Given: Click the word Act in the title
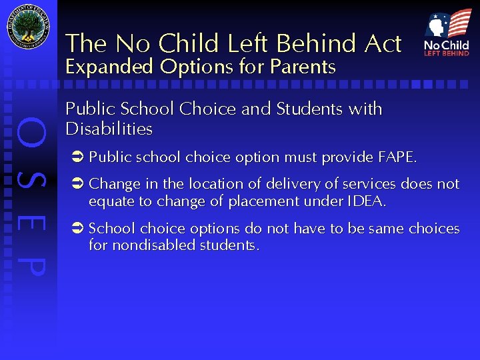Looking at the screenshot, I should (383, 43).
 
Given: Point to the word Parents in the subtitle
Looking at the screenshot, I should (304, 67).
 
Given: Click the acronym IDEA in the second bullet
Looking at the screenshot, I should (365, 201).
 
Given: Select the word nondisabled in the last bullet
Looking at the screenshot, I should (149, 245).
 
